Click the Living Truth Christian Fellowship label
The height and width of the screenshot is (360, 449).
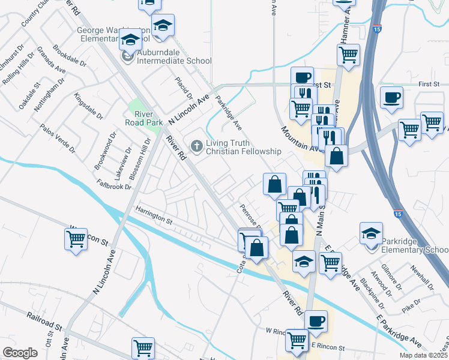point(243,147)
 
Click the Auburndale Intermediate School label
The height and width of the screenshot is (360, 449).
point(174,60)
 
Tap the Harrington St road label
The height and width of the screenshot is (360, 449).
point(154,215)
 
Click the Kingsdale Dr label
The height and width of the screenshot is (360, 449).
point(86,105)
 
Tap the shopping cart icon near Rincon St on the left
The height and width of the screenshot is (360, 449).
point(76,239)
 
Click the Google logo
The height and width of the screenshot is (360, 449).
point(20,353)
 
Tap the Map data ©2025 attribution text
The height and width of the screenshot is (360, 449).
point(423,355)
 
